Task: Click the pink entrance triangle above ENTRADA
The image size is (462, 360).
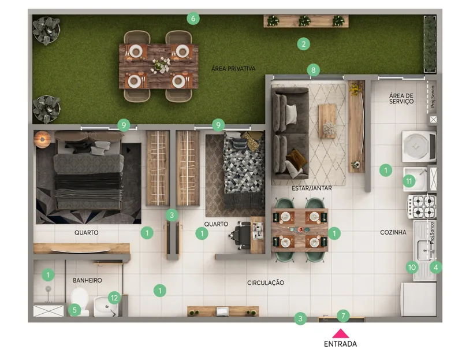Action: click(341, 333)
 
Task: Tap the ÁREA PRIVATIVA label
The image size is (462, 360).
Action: click(233, 68)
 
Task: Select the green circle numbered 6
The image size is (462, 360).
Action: click(193, 18)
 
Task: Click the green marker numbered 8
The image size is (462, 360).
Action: click(313, 70)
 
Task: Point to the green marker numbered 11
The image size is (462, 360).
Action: click(409, 181)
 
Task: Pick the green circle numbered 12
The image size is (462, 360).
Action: click(114, 298)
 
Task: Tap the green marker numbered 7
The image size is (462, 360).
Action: click(343, 316)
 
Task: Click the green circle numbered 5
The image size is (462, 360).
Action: click(74, 310)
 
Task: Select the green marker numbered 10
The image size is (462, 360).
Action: click(412, 268)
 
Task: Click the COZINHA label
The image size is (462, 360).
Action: click(393, 232)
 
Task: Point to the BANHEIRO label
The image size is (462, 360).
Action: click(87, 280)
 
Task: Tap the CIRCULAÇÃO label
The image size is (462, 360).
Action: click(266, 283)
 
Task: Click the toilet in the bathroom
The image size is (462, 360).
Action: click(80, 301)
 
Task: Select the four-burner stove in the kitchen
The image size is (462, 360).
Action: click(422, 206)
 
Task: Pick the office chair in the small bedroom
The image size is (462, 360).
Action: click(240, 235)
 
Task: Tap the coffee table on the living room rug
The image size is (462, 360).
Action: click(327, 121)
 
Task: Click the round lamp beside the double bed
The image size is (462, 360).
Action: click(42, 139)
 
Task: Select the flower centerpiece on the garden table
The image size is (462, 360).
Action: click(161, 65)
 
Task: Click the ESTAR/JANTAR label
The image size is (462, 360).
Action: click(312, 188)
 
